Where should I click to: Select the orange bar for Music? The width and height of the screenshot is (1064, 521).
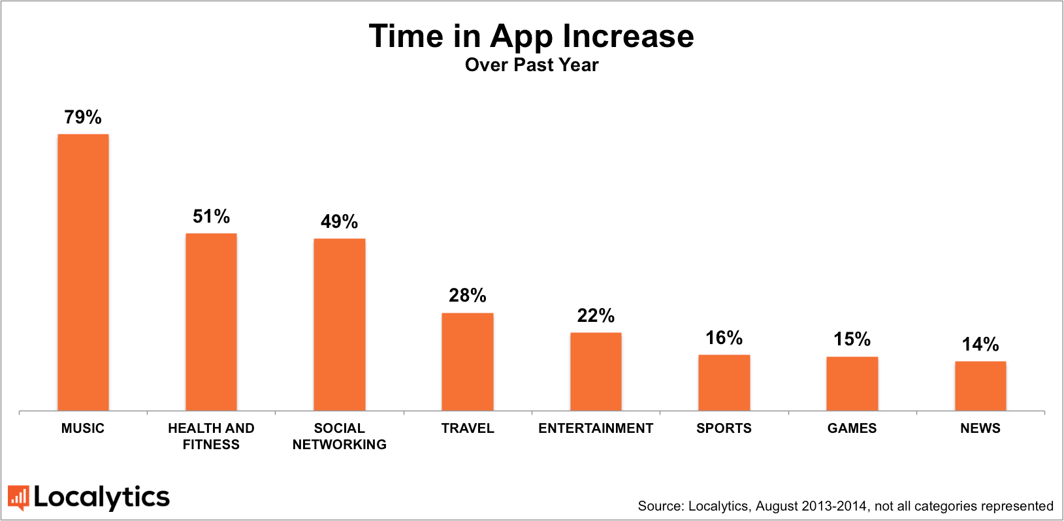click(83, 272)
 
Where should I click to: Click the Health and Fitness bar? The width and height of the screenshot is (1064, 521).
click(211, 322)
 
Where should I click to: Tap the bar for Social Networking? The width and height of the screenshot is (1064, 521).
click(339, 324)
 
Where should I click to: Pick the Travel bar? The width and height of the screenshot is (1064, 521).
click(468, 362)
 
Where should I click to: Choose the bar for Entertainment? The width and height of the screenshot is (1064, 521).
click(596, 371)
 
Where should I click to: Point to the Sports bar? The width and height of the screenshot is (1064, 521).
click(724, 383)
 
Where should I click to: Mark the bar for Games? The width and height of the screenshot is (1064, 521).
click(852, 383)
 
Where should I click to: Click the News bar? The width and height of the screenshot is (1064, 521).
click(980, 386)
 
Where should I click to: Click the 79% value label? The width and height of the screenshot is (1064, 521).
click(83, 118)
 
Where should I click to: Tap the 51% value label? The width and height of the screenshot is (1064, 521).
click(211, 217)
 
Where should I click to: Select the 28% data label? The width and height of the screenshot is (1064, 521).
click(468, 296)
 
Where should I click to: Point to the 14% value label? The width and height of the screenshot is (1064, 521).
click(980, 345)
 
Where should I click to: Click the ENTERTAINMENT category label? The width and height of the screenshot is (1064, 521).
click(596, 428)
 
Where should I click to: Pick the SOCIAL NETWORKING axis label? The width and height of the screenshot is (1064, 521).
click(339, 436)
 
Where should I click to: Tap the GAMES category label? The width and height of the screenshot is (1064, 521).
click(852, 428)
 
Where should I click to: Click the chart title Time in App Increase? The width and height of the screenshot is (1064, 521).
click(531, 36)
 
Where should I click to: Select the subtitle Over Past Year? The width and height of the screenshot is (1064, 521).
click(531, 65)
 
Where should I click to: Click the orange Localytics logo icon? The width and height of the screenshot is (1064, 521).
click(18, 497)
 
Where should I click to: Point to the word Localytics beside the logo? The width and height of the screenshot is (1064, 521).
click(102, 497)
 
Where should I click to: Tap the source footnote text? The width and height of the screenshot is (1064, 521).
click(845, 506)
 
